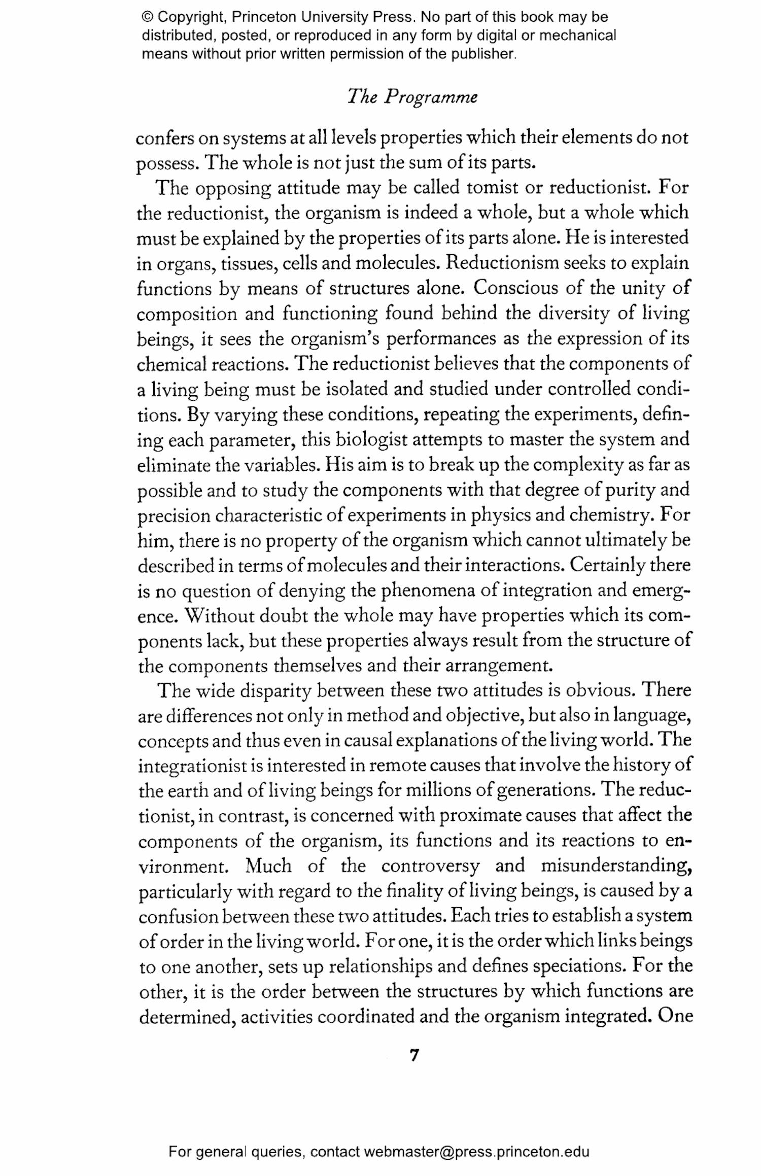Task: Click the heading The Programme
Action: pos(412,96)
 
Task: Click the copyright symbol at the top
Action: pos(147,17)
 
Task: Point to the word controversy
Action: pos(430,866)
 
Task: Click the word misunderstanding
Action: pos(616,866)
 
